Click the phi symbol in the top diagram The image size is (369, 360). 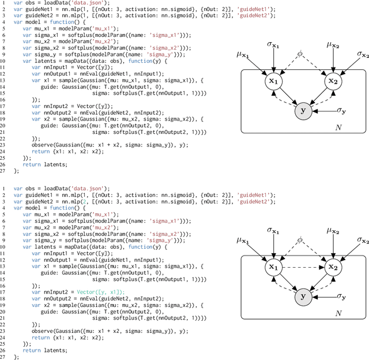pyautogui.click(x=299, y=53)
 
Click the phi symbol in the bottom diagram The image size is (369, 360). pyautogui.click(x=299, y=239)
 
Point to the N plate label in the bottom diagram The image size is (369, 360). pyautogui.click(x=339, y=313)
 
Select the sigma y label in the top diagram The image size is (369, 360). pyautogui.click(x=342, y=110)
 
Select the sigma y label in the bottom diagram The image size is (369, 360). pyautogui.click(x=342, y=297)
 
